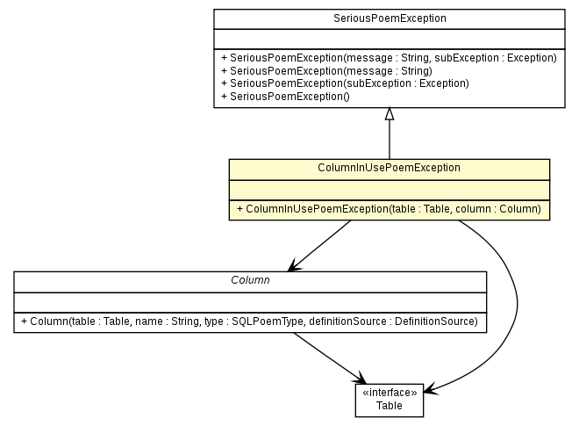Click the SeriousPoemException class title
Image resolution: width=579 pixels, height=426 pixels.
(x=389, y=18)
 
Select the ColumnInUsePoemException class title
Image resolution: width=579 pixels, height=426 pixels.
(x=389, y=167)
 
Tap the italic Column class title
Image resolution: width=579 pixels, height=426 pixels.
(x=250, y=279)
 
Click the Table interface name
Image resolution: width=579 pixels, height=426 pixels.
(x=389, y=406)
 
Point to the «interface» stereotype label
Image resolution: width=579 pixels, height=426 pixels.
(x=389, y=394)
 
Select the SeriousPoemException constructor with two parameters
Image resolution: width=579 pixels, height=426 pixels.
(x=389, y=58)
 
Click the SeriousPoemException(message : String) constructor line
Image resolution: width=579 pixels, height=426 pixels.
(x=326, y=70)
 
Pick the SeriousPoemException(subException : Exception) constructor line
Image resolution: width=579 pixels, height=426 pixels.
(x=345, y=83)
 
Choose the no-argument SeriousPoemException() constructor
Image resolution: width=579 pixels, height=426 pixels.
(x=285, y=96)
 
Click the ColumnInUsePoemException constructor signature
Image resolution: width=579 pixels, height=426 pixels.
(x=389, y=209)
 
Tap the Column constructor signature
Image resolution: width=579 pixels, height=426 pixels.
(x=250, y=321)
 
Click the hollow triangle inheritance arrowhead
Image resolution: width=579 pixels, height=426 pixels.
(x=389, y=114)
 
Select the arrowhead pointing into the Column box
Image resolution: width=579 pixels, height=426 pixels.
(x=293, y=266)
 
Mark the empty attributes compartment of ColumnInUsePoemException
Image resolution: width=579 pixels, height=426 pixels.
(x=389, y=188)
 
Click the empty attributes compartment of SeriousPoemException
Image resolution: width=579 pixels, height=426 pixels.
(x=389, y=38)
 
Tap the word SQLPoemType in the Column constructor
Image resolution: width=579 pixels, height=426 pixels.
(x=261, y=321)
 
